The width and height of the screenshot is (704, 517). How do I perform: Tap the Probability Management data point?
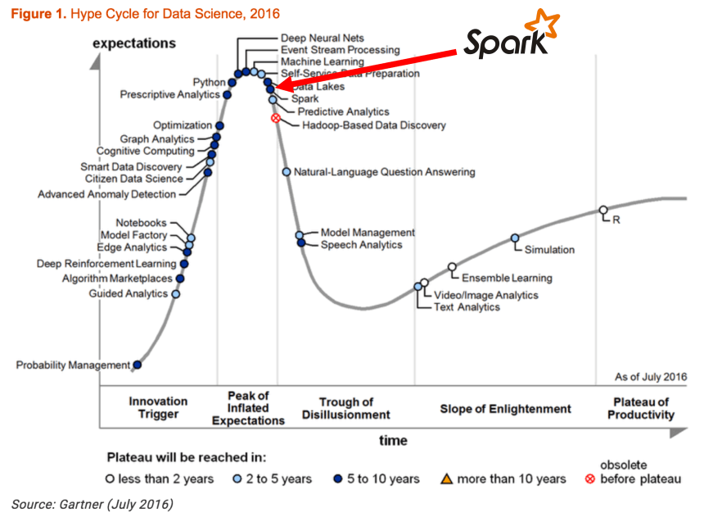(x=137, y=365)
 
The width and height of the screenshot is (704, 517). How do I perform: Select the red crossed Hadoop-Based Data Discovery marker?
(x=276, y=119)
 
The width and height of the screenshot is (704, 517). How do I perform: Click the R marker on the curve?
(x=602, y=210)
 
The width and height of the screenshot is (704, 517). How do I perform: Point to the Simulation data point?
(x=515, y=238)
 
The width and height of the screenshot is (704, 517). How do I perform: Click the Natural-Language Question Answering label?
(x=384, y=172)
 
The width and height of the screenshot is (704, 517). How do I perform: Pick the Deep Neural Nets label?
(x=322, y=38)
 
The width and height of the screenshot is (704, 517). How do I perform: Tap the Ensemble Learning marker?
(x=452, y=267)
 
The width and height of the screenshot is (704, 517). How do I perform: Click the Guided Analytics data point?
(x=175, y=293)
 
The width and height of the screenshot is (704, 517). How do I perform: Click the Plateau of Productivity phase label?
(x=641, y=408)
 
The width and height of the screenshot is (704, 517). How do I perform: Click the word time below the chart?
(x=393, y=441)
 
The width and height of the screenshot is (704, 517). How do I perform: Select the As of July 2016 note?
(x=650, y=377)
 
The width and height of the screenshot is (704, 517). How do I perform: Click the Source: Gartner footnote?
(x=93, y=503)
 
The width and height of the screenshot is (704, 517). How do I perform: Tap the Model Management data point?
(x=300, y=235)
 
